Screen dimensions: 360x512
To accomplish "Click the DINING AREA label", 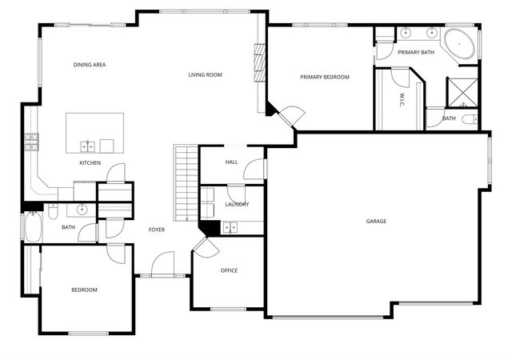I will (90, 65).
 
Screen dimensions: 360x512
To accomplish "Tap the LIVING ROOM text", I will (205, 75).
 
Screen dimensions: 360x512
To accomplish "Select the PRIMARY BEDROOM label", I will (325, 77).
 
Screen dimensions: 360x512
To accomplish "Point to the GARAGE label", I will (376, 221).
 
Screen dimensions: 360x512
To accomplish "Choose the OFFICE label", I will (229, 270).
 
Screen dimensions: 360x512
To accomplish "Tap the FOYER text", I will (157, 230).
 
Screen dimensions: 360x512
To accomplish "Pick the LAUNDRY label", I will (237, 204).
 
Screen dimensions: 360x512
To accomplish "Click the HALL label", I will (231, 162).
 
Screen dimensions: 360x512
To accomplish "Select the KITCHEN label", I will (90, 163).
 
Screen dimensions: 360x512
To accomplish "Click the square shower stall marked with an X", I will (462, 92).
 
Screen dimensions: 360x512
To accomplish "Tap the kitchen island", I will (95, 132).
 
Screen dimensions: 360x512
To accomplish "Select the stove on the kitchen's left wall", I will (32, 142).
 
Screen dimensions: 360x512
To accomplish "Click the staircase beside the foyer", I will (186, 182).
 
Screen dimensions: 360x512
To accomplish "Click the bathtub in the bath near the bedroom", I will (33, 227).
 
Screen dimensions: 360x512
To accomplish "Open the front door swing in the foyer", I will (163, 264).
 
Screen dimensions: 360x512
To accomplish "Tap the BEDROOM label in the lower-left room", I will (84, 290).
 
